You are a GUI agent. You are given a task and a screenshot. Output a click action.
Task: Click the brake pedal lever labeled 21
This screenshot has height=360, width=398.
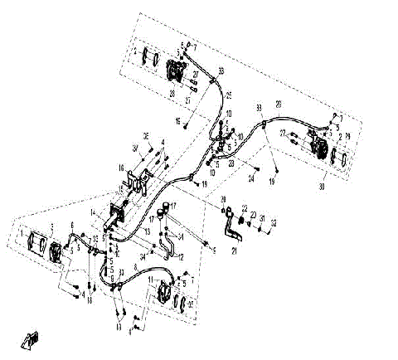(229, 225)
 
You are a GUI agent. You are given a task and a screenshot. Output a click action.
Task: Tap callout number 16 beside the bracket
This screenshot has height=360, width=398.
(121, 168)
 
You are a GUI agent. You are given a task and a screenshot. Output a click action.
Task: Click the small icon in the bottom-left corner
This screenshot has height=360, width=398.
(31, 340)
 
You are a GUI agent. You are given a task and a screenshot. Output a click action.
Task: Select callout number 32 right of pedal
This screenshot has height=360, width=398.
(274, 222)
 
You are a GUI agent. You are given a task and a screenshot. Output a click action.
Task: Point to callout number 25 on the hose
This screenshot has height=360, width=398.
(228, 94)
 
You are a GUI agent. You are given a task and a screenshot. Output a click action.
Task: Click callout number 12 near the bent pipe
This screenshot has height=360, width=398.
(180, 257)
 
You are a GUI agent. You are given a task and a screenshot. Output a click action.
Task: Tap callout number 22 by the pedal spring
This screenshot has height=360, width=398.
(245, 207)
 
